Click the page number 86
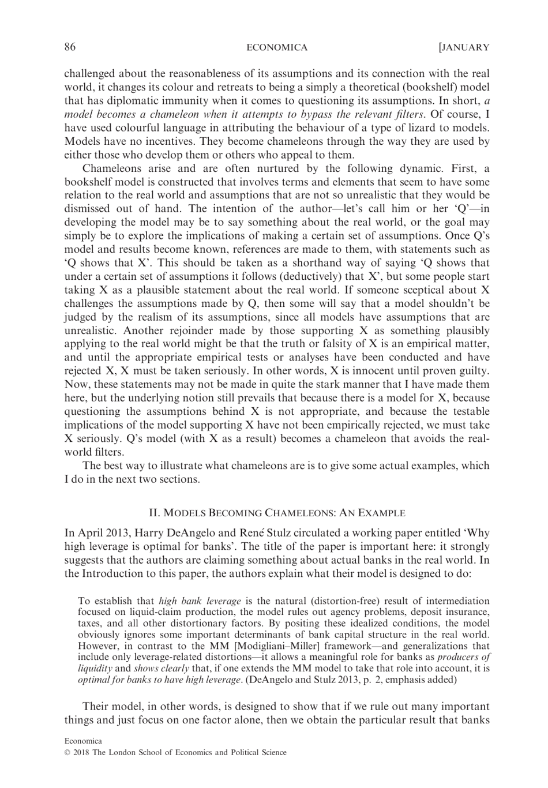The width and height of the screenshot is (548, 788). click(x=69, y=47)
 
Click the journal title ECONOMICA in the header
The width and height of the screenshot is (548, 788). click(x=277, y=47)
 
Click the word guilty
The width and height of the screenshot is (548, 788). click(x=474, y=371)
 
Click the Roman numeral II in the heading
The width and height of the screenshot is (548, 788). click(x=154, y=513)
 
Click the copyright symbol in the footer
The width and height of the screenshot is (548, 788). click(x=67, y=752)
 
